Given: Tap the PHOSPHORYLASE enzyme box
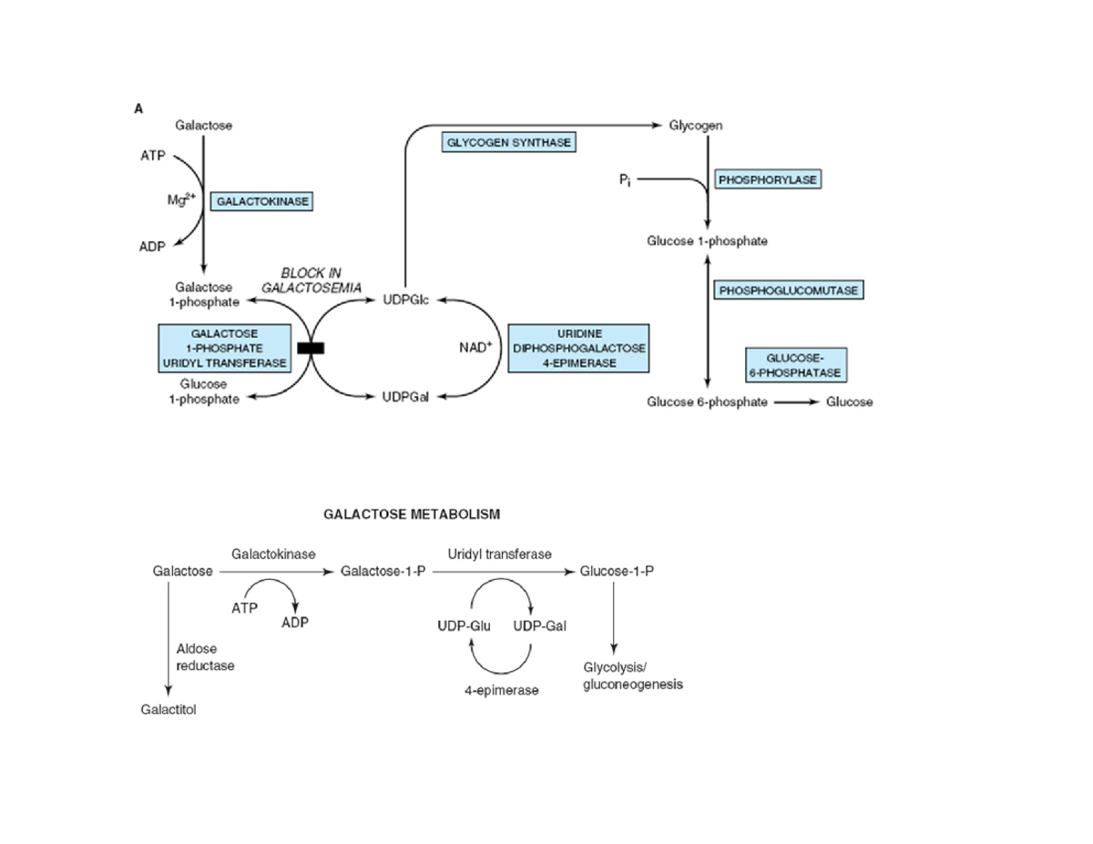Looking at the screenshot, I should click(768, 180).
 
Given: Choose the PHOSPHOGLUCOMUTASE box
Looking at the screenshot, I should click(790, 290).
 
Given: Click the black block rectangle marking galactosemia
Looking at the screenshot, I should click(311, 347).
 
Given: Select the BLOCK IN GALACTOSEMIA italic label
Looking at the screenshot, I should click(311, 280).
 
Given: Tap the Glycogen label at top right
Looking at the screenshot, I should click(696, 126).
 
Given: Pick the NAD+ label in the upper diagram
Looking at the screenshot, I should click(475, 347).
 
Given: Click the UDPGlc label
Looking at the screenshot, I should click(406, 300).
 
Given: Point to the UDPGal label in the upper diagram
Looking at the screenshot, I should click(406, 398).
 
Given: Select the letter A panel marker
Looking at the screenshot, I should click(138, 108).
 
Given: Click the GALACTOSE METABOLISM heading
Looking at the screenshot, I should click(412, 514).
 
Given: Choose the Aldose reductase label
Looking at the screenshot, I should click(204, 657).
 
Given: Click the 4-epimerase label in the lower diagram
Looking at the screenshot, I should click(501, 691).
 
